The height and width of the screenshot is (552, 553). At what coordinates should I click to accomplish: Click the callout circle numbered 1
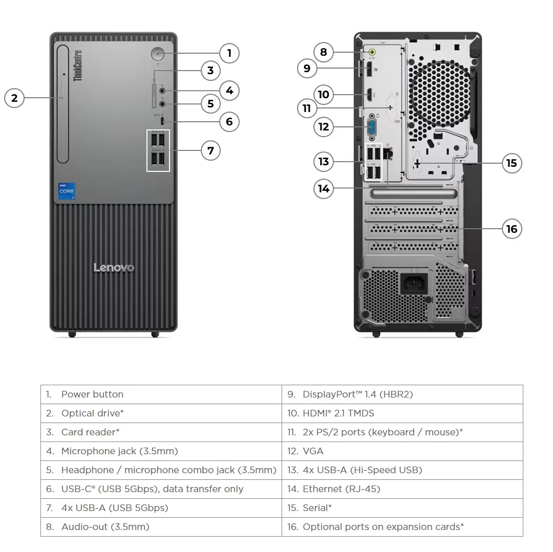tap(229, 53)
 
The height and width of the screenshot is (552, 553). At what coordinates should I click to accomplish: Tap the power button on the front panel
tap(158, 53)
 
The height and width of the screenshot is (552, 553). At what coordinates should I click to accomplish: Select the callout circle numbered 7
tap(210, 150)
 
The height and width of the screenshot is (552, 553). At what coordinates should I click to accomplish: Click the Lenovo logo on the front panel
tap(114, 268)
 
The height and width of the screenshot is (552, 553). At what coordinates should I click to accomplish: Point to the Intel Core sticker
tap(67, 191)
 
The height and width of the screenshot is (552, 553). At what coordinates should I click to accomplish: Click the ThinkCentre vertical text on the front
tap(78, 65)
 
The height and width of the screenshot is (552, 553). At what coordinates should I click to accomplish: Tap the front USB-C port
tap(162, 121)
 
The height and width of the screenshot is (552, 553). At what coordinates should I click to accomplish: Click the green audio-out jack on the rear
tap(373, 52)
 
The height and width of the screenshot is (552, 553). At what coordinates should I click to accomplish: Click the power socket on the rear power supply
tap(414, 283)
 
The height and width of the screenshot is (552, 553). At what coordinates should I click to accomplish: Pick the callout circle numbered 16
tap(512, 229)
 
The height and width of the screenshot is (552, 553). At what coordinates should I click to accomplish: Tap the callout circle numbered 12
tap(324, 126)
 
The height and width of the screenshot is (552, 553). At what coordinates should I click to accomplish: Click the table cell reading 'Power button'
tap(161, 394)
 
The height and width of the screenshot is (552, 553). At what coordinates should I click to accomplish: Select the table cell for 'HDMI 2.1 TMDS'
tap(402, 413)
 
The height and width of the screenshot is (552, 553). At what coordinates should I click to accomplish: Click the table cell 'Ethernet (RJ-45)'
tap(402, 489)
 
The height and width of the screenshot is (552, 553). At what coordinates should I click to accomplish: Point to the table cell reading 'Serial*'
tap(402, 508)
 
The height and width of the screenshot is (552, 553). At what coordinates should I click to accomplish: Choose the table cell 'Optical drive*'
tap(161, 413)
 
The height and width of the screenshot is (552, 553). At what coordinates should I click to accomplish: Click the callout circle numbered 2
tap(14, 98)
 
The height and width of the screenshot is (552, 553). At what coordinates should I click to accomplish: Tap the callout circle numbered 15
tap(512, 163)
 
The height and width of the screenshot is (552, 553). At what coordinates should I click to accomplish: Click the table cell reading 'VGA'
tap(402, 451)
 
